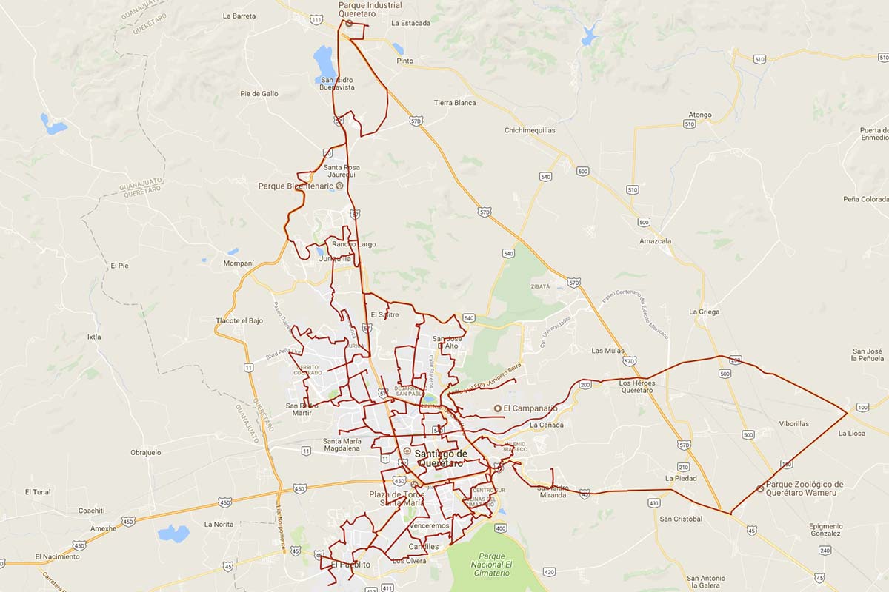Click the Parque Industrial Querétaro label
(370, 9)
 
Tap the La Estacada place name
(410, 23)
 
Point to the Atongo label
(699, 115)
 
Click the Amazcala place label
(655, 241)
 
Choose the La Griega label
(704, 312)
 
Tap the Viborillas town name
(793, 424)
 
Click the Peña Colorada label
(865, 199)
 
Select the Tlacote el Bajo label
(239, 320)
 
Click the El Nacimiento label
(57, 556)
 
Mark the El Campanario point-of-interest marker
(498, 408)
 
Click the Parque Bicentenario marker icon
(339, 186)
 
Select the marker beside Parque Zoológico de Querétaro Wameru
(760, 488)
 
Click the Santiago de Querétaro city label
(441, 458)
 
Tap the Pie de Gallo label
(259, 94)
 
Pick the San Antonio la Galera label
(705, 582)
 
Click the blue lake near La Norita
(173, 533)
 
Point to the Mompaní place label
(239, 263)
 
